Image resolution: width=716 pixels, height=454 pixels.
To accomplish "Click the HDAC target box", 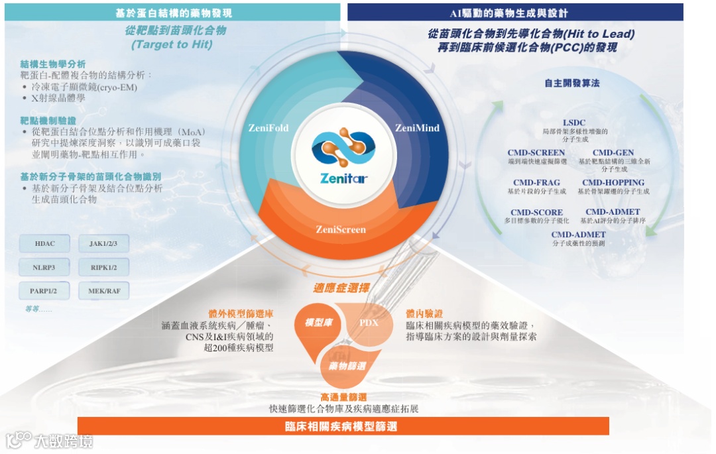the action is pos(45,244).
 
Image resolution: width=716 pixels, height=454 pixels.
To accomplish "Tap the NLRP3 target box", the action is pos(45,268).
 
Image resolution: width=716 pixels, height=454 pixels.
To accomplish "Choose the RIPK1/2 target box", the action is pos(103,268).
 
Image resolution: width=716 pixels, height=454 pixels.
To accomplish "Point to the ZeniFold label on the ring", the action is pos(268,127).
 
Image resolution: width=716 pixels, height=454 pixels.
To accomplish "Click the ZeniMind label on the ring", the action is pos(417,128).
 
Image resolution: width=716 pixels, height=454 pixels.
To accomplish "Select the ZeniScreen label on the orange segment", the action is pos(340,230).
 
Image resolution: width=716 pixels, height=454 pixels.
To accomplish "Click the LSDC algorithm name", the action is pos(574,123).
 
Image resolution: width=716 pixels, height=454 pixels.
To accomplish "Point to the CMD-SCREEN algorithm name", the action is pos(536,153).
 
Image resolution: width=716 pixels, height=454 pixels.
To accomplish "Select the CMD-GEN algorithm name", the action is pos(613,153).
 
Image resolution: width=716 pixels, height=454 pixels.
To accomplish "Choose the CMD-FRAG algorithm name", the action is pos(536,183).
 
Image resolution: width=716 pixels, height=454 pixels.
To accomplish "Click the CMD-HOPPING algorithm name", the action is pos(613,183).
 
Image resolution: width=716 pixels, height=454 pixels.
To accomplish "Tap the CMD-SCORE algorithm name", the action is pos(536,213).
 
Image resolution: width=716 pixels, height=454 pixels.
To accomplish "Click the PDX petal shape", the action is pos(368,323).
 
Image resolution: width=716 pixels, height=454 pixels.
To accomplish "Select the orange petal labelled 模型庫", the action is pos(319,323).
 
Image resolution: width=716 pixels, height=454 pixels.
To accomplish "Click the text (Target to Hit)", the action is pos(172,44).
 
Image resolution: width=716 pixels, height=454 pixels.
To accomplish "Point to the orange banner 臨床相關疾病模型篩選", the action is pos(343,426).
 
